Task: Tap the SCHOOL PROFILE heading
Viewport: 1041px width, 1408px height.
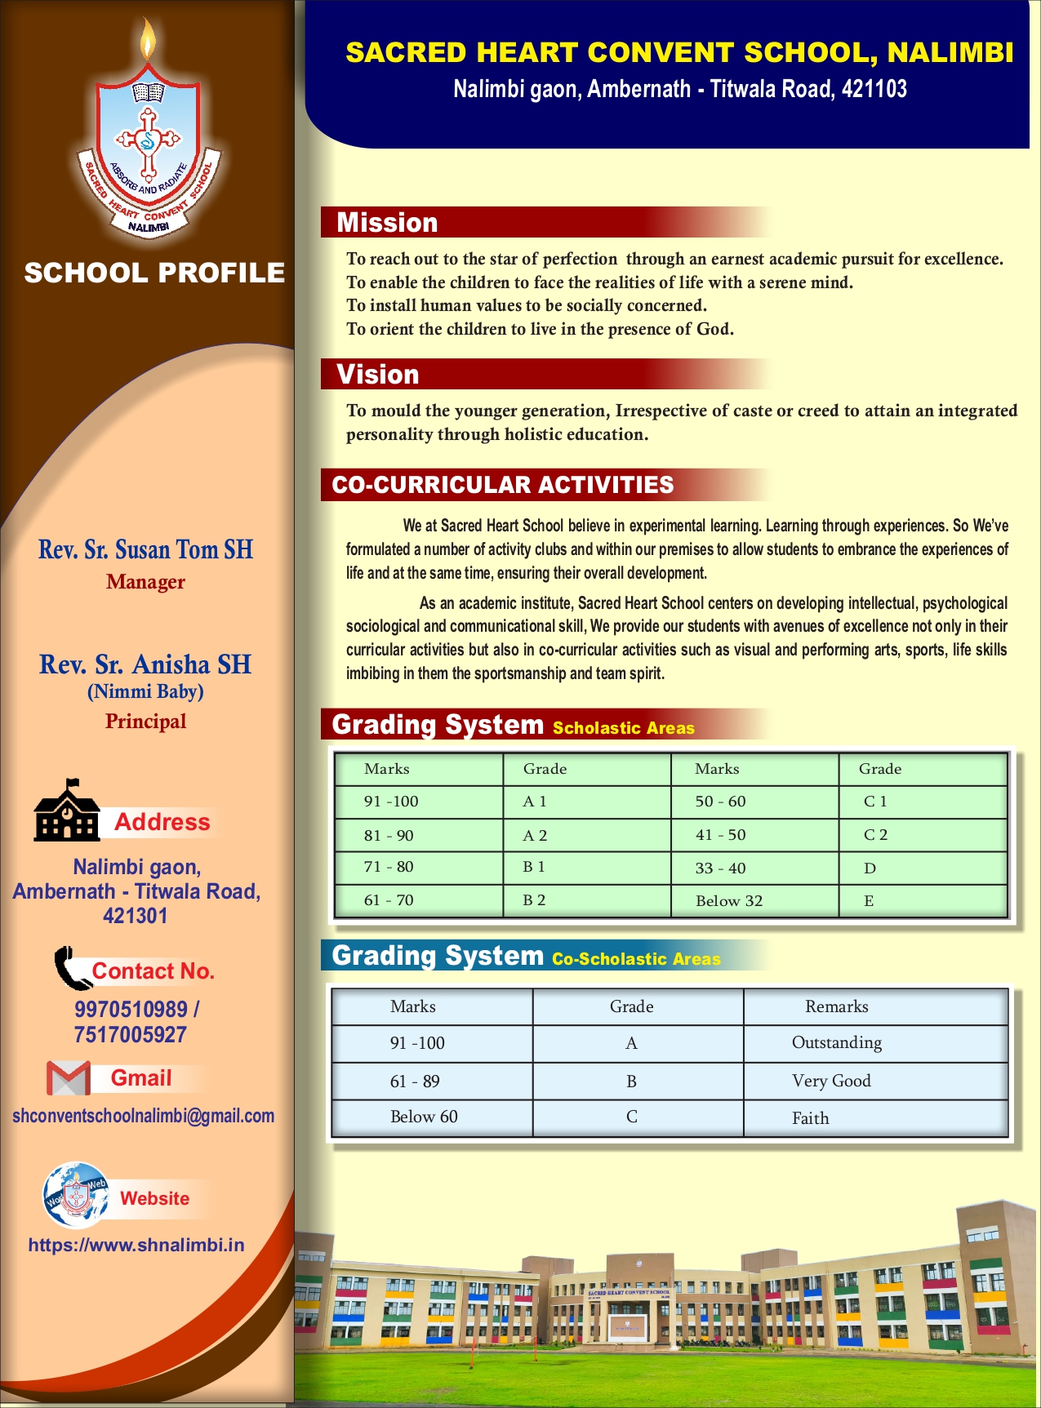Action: (154, 273)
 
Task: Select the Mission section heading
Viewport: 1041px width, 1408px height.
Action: (387, 223)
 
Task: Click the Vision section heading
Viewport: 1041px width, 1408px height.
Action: (378, 375)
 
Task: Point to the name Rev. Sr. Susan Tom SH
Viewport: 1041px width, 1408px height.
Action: (145, 550)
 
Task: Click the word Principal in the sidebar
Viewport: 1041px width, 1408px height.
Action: (145, 722)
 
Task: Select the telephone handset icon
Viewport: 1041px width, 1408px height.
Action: (71, 968)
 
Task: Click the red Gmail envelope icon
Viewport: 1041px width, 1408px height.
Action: (69, 1078)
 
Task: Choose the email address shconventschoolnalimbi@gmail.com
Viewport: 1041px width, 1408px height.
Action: (143, 1116)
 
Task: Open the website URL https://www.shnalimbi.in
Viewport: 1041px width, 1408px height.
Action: (136, 1245)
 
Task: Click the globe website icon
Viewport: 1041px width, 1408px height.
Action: (75, 1196)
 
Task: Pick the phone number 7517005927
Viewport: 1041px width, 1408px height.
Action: (131, 1035)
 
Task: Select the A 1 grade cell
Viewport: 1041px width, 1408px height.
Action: (535, 802)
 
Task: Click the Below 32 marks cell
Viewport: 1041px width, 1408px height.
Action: (729, 901)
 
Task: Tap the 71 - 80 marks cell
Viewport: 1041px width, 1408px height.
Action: (389, 867)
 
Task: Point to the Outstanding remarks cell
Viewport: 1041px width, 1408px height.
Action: (837, 1043)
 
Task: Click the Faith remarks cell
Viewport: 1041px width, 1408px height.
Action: (810, 1118)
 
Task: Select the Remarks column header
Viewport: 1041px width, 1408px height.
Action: (837, 1006)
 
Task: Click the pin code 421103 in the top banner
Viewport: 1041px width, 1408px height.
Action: (874, 89)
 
